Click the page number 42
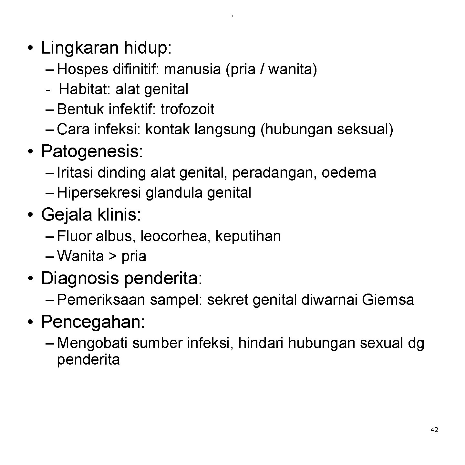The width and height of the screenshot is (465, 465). (434, 430)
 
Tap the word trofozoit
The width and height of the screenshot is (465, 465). (187, 109)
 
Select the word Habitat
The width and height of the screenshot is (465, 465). (85, 89)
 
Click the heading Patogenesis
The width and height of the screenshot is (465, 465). (92, 151)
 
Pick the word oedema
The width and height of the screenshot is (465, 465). (349, 172)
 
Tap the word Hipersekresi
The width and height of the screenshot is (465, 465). (99, 193)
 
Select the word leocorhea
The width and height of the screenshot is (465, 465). (176, 236)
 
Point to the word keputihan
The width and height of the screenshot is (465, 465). (248, 236)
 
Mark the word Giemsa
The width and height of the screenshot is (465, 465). (388, 300)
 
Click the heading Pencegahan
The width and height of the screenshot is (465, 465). (93, 321)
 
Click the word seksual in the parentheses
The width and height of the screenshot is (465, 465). (363, 129)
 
